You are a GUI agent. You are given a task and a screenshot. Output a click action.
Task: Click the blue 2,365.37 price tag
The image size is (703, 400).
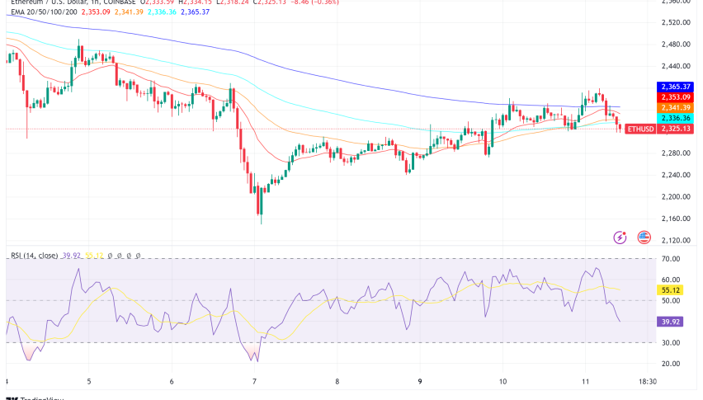click(x=673, y=86)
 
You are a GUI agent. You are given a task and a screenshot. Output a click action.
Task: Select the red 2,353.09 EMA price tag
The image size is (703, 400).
click(x=673, y=96)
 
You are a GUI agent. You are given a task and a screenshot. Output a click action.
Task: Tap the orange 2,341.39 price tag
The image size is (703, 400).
click(x=673, y=107)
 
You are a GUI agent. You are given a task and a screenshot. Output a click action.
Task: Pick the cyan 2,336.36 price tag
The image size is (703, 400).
click(x=673, y=118)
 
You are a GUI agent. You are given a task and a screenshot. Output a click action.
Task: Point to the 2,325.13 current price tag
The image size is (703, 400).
click(x=673, y=129)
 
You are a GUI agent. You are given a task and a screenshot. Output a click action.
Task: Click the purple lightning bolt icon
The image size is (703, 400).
click(x=620, y=238)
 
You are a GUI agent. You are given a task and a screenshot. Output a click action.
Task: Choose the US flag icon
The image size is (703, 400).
click(x=644, y=238)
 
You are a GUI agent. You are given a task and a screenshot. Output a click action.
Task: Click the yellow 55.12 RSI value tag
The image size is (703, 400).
click(x=670, y=291)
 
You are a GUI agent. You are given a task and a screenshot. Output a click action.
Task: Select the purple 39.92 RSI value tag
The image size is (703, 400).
click(x=670, y=323)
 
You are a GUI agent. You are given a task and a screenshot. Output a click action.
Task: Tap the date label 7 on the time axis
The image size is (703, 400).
click(x=255, y=382)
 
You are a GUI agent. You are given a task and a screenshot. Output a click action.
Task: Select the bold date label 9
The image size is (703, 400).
click(x=420, y=382)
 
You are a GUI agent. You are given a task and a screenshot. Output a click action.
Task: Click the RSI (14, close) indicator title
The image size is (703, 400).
click(x=35, y=256)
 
